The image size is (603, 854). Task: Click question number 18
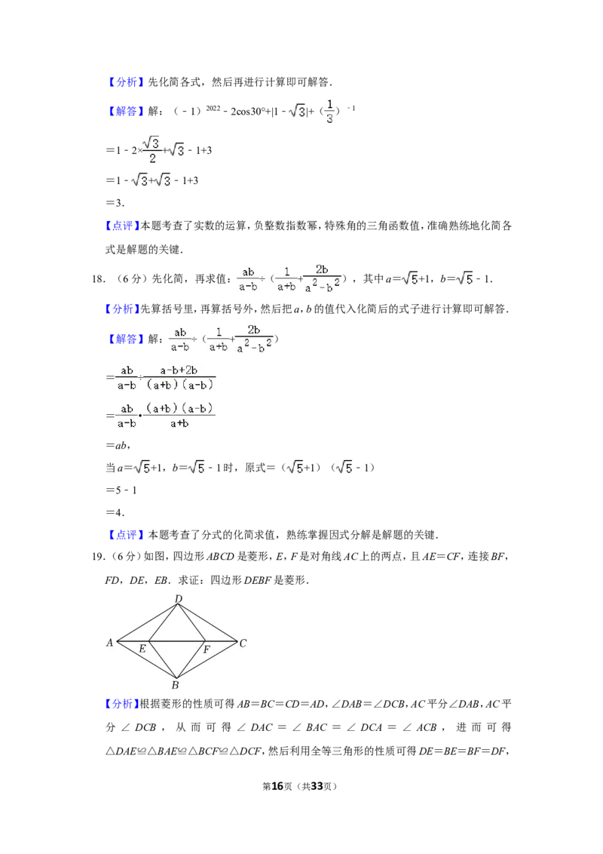pos(99,279)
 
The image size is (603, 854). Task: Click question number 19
pos(99,556)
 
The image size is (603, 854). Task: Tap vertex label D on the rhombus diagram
pos(179,599)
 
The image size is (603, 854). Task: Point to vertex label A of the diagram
pos(109,643)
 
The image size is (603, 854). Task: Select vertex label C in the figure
pos(243,644)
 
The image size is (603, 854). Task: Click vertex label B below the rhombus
pos(175,685)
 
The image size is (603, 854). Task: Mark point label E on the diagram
pos(142,649)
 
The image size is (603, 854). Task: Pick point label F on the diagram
pos(207,650)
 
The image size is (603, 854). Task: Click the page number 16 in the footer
pos(277,786)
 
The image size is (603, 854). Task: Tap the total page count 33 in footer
pos(317,786)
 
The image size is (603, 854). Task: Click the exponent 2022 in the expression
pos(213,108)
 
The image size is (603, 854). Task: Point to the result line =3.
pos(115,203)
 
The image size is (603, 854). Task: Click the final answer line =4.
pos(115,512)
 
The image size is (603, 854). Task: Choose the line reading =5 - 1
pos(121,490)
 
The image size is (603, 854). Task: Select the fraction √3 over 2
pos(152,150)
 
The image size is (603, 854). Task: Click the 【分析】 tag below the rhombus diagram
pos(121,704)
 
